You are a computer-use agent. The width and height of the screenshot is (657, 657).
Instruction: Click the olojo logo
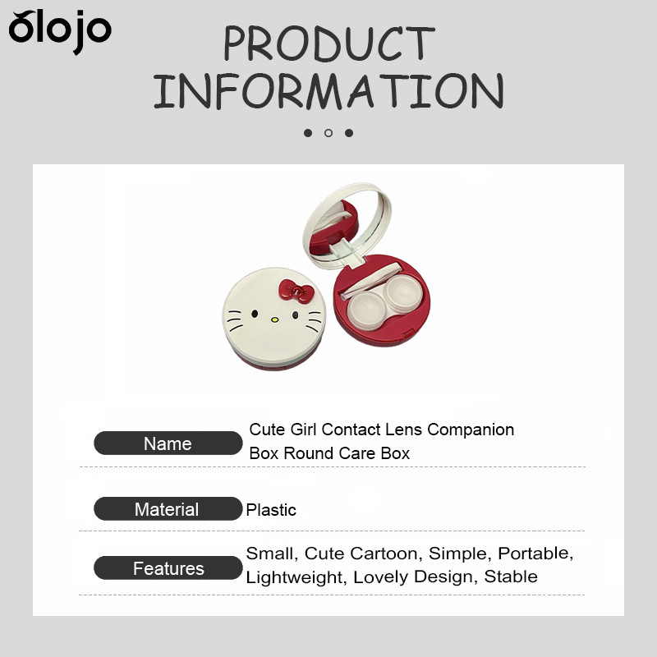60,32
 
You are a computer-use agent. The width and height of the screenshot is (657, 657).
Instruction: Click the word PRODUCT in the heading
329,44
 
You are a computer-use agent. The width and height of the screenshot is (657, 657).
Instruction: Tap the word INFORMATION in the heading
328,91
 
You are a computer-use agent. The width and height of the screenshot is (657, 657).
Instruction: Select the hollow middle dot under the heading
328,133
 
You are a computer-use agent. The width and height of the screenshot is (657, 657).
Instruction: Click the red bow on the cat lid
296,291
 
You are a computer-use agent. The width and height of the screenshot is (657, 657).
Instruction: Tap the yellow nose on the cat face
274,319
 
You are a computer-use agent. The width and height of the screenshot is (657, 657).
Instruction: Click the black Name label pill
168,443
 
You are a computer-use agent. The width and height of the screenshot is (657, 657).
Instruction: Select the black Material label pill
168,508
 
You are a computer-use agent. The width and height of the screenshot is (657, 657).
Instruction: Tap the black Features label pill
168,567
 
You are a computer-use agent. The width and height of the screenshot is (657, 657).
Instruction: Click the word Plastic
271,510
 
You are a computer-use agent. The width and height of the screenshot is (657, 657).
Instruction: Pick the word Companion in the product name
471,430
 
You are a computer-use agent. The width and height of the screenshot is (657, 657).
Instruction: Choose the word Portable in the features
535,554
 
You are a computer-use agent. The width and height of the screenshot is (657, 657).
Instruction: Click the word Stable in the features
511,577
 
